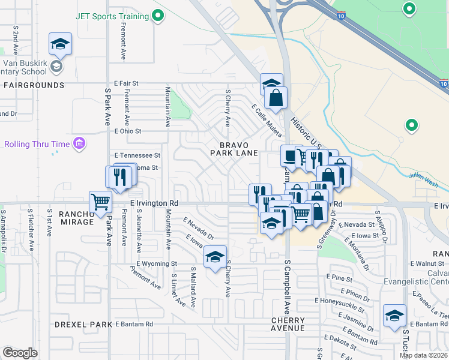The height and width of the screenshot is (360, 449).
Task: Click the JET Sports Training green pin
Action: pos(158,16)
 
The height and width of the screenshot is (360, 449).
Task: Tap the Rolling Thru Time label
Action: pos(36,144)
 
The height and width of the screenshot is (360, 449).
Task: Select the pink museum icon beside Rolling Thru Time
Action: pos(79,143)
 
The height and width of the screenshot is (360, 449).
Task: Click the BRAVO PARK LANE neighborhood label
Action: pos(234,149)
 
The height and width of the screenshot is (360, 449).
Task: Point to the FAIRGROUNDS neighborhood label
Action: pos(34,85)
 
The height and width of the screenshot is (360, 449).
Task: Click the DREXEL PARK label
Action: pos(83,325)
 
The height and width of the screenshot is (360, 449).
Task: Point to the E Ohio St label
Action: pos(128,131)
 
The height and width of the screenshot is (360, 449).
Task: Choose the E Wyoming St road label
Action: pos(157,263)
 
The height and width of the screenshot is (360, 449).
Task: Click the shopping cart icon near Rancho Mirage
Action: pos(100,202)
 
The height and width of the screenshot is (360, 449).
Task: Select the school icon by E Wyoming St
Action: pos(215,257)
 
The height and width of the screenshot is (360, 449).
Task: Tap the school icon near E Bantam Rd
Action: pos(394,316)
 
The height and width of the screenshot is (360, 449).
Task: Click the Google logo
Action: pos(20,353)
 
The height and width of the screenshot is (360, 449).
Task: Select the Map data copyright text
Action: pos(423,355)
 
